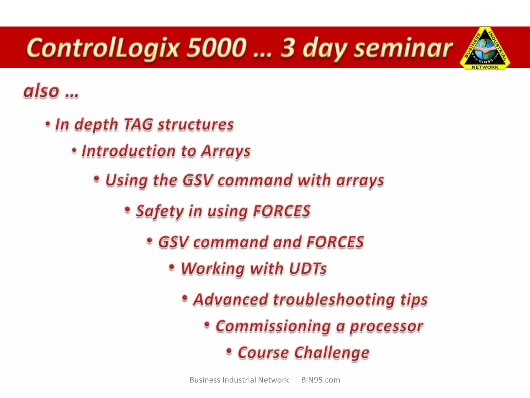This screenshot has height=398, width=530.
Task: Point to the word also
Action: click(41, 91)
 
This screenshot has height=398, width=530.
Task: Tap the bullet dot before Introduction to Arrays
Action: click(74, 150)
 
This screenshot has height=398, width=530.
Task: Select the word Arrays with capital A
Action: click(226, 151)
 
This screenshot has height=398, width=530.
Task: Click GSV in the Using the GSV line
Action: click(198, 180)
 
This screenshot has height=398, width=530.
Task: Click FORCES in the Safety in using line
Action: click(281, 211)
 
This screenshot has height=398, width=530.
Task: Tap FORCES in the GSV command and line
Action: click(335, 242)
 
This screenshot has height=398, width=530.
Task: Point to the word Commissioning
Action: click(273, 326)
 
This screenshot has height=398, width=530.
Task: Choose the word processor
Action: click(386, 326)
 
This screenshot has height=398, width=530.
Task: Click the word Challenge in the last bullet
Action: click(332, 353)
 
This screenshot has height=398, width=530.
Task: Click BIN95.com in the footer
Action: click(320, 380)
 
